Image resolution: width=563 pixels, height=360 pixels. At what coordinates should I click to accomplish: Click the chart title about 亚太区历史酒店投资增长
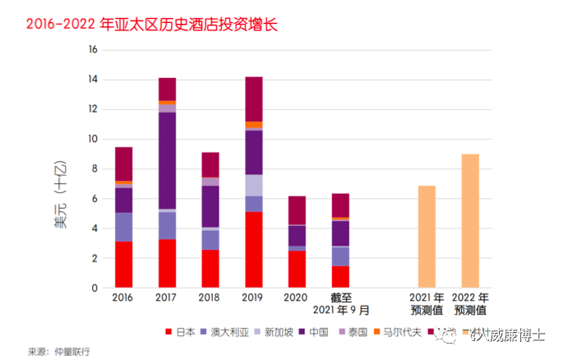(x=152, y=25)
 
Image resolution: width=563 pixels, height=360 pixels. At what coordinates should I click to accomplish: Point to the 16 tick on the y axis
(x=93, y=49)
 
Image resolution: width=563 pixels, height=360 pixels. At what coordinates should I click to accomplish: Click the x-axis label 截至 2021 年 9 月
(x=339, y=303)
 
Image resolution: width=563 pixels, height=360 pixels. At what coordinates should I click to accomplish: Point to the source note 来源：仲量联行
(x=59, y=351)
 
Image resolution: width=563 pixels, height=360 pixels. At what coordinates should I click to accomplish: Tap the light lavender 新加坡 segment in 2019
(x=253, y=185)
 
